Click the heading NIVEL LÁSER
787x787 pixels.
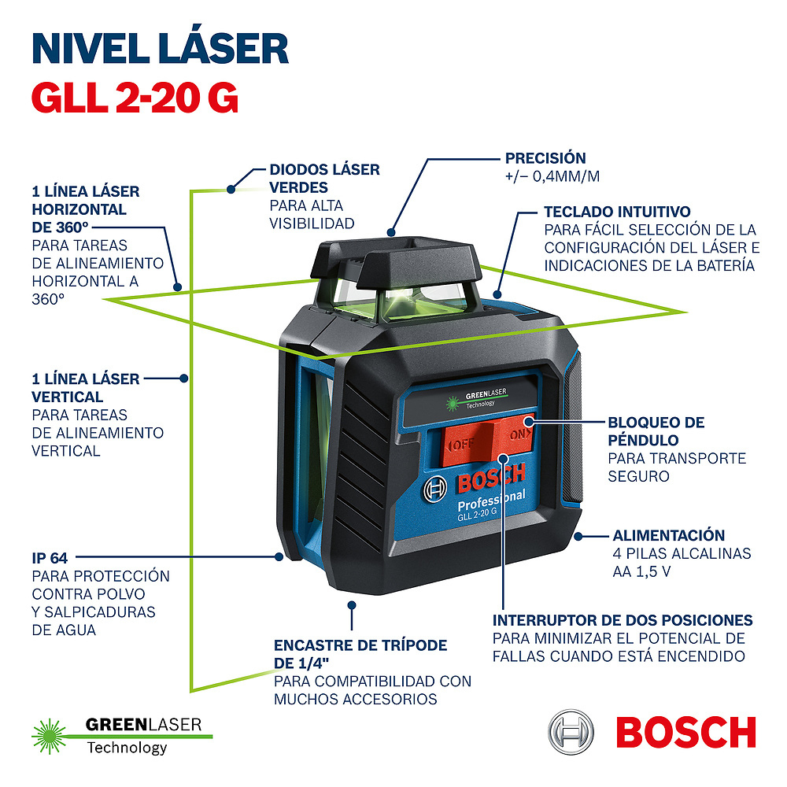[160, 48]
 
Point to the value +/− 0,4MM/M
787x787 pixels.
[552, 176]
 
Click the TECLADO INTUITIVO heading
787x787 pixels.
[617, 212]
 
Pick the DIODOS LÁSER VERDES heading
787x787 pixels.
[324, 179]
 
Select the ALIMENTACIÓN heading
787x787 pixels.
[669, 535]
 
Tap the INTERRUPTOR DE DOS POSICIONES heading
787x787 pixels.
[623, 620]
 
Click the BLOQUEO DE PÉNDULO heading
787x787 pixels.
[656, 431]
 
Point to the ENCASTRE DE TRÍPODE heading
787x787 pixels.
[360, 653]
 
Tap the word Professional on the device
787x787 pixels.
[491, 501]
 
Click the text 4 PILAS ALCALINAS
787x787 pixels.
[682, 554]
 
